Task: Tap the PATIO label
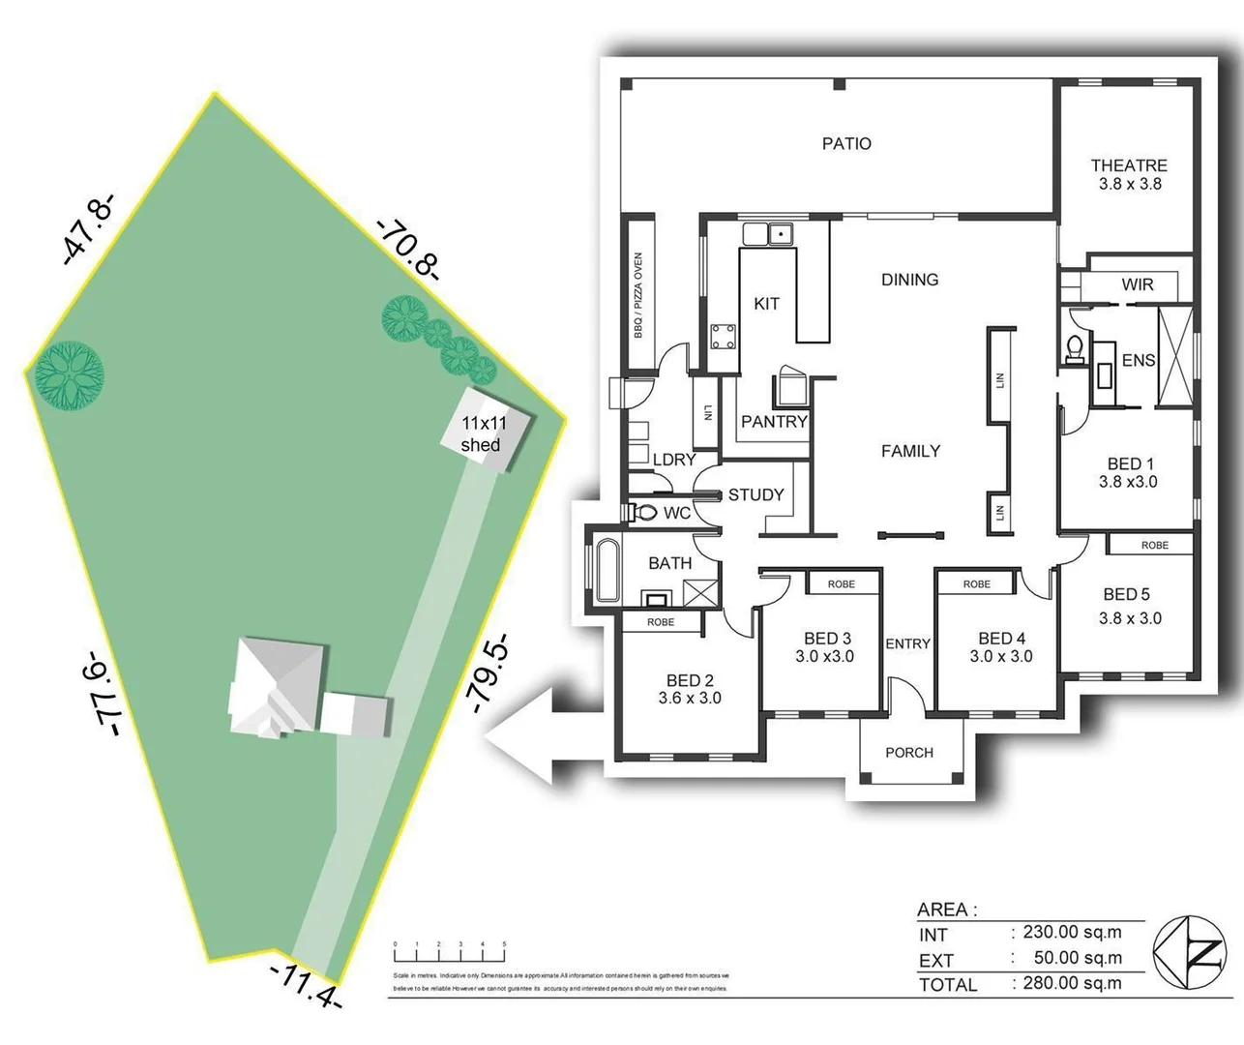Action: (x=846, y=143)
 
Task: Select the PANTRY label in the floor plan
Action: (x=774, y=421)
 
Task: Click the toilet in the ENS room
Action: (x=1074, y=349)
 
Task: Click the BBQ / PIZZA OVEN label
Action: (x=638, y=295)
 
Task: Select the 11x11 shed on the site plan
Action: (x=481, y=432)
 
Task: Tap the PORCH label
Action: (x=909, y=752)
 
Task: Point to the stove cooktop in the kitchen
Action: (x=722, y=337)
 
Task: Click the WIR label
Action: (x=1138, y=284)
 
